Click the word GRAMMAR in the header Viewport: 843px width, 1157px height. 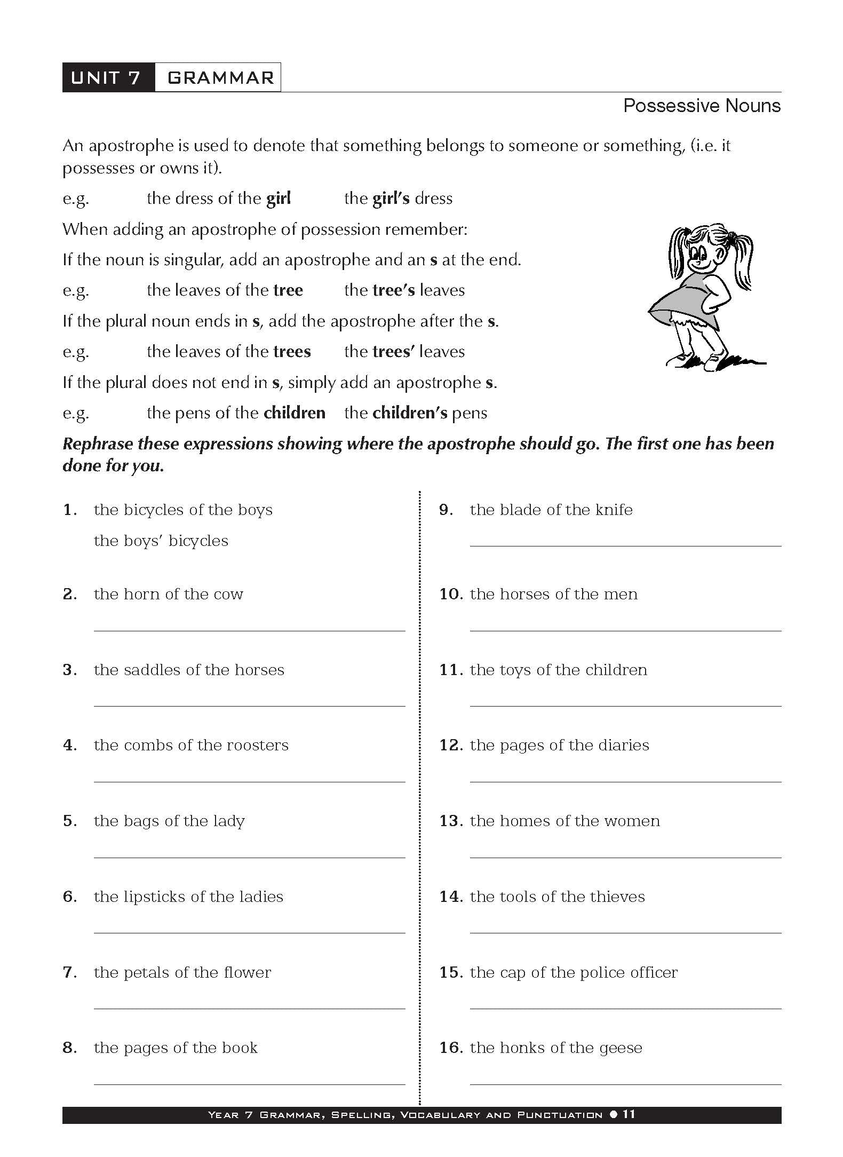click(x=220, y=78)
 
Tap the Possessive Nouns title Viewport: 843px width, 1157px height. click(x=701, y=106)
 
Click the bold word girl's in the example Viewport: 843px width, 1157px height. click(x=391, y=199)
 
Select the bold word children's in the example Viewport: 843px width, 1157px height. click(x=409, y=413)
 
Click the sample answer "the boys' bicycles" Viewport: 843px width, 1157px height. click(x=161, y=541)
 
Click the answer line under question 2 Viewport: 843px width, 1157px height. click(x=249, y=630)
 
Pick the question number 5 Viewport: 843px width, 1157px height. click(x=70, y=821)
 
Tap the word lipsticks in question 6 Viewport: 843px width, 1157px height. click(x=155, y=897)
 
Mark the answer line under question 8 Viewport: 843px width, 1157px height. click(x=249, y=1084)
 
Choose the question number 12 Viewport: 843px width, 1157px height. click(x=450, y=746)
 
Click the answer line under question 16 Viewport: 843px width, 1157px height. click(x=625, y=1084)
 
